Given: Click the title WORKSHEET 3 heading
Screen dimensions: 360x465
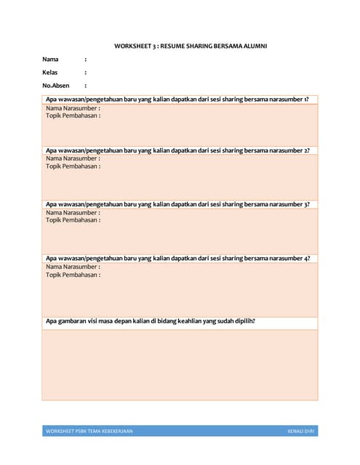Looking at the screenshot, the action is pyautogui.click(x=191, y=46).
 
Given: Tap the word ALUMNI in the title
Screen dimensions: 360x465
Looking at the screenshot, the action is pyautogui.click(x=253, y=46).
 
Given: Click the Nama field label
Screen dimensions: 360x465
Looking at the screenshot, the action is pyautogui.click(x=50, y=60).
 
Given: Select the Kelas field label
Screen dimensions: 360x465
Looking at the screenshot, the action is pyautogui.click(x=50, y=73).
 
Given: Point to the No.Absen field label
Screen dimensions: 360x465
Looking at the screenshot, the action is pyautogui.click(x=55, y=86).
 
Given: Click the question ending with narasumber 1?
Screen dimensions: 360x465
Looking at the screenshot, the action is pyautogui.click(x=177, y=100).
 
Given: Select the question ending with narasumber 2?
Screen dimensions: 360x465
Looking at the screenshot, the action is pyautogui.click(x=177, y=150).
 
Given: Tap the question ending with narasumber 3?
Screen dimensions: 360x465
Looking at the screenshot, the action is pyautogui.click(x=177, y=204).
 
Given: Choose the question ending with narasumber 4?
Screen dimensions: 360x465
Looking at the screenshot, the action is pyautogui.click(x=177, y=258).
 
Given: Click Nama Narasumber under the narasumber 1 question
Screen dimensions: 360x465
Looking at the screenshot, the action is pyautogui.click(x=73, y=108).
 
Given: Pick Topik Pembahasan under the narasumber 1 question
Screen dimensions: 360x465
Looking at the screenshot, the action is pyautogui.click(x=73, y=116).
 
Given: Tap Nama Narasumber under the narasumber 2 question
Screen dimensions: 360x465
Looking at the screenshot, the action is pyautogui.click(x=73, y=158).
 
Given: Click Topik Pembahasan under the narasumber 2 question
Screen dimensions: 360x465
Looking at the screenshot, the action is pyautogui.click(x=73, y=166).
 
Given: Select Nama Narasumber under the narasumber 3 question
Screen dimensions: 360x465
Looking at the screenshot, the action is pyautogui.click(x=73, y=212).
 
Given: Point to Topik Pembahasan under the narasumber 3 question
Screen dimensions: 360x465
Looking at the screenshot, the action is pyautogui.click(x=73, y=220).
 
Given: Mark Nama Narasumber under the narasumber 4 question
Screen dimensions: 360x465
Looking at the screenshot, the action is pyautogui.click(x=73, y=267).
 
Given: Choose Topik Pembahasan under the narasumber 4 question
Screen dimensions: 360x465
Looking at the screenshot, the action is pyautogui.click(x=73, y=275).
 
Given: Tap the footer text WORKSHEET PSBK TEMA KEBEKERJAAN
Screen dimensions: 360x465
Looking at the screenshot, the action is pyautogui.click(x=89, y=432).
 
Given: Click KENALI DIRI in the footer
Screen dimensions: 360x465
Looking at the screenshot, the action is pyautogui.click(x=302, y=432).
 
